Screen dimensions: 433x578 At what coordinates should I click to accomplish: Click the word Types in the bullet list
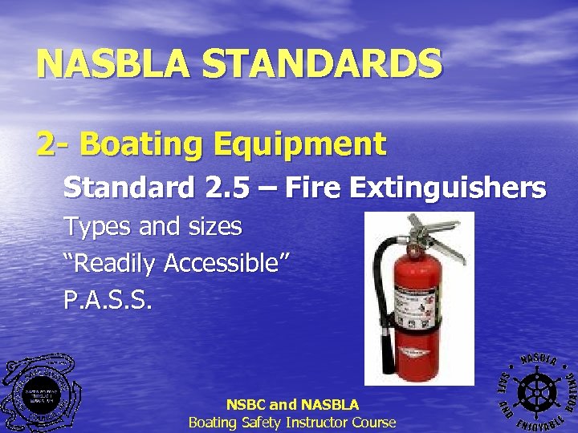tap(99, 228)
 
